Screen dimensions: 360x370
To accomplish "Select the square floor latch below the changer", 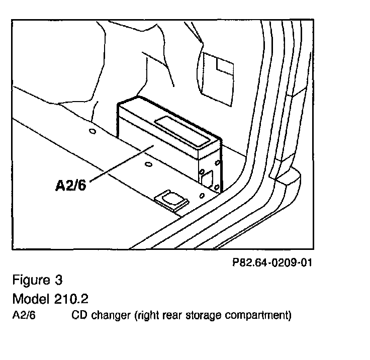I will (x=171, y=200).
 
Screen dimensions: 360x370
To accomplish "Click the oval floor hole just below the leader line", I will (x=147, y=164).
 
